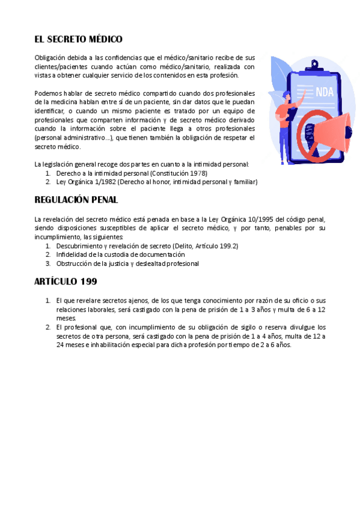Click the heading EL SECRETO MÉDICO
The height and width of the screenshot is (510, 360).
79,39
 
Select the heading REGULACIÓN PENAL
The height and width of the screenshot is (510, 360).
76,199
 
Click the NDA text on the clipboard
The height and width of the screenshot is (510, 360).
325,92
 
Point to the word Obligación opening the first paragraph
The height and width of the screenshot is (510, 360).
51,57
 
